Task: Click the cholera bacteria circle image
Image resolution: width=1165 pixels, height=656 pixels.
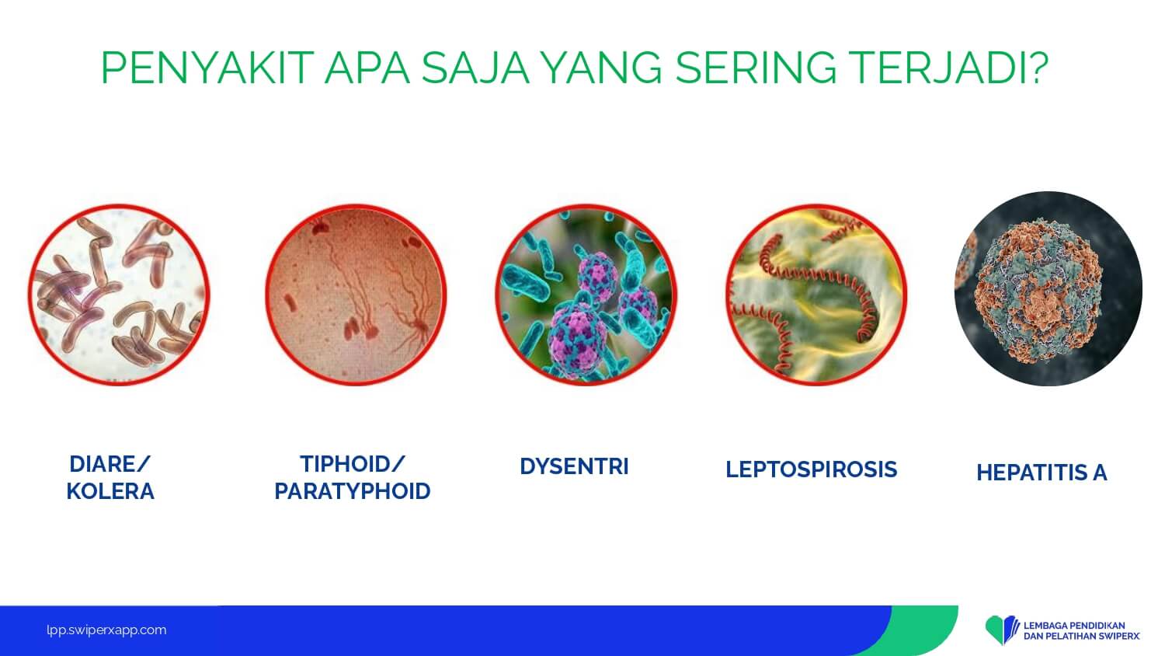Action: tap(119, 295)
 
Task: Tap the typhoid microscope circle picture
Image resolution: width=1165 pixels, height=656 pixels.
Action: tap(356, 295)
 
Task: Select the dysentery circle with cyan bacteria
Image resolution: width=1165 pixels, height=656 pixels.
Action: tap(586, 295)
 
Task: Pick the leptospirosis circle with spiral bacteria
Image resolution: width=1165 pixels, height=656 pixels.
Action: tap(816, 295)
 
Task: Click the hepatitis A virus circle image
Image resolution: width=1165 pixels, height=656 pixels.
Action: tap(1048, 289)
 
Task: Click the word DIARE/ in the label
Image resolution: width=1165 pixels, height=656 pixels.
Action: tap(110, 464)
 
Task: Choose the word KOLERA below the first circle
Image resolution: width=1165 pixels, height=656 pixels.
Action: tap(110, 491)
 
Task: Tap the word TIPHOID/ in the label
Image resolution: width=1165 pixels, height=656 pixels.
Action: tap(352, 464)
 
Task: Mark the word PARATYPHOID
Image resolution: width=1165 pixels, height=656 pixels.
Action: tap(353, 491)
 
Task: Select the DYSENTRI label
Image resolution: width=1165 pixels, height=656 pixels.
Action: tap(574, 466)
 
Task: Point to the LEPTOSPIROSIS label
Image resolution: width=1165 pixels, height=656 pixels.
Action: tap(812, 469)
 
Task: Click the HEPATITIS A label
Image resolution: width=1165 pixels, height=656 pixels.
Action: tap(1042, 473)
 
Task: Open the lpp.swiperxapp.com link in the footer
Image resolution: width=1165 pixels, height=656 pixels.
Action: tap(106, 630)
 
